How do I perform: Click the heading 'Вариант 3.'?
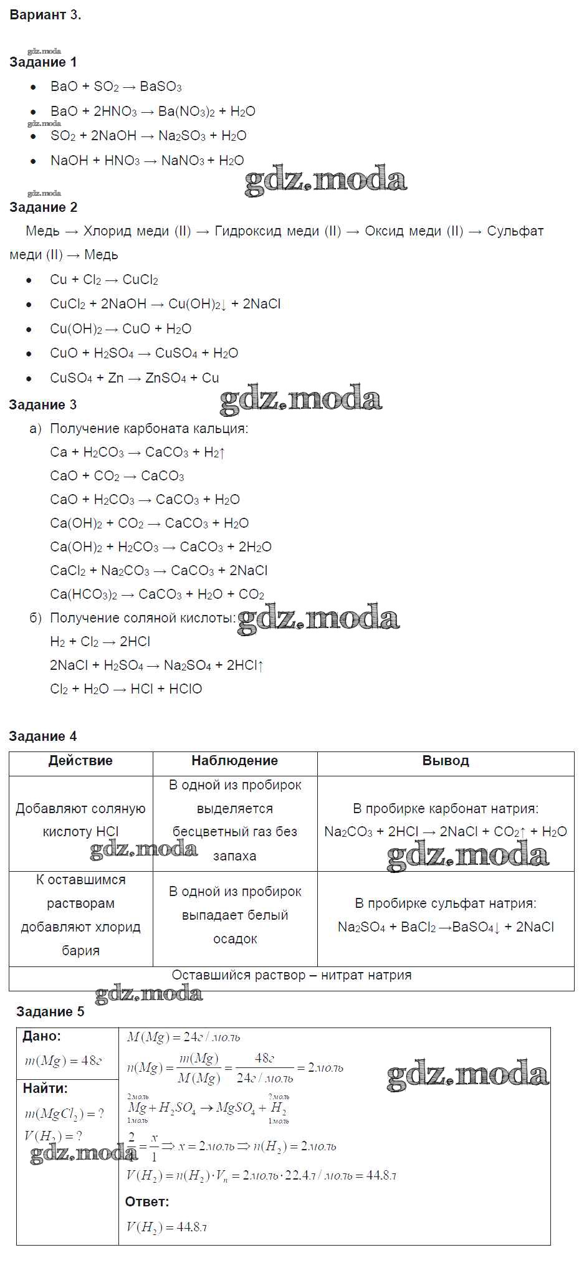(x=45, y=16)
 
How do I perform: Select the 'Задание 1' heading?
(x=43, y=62)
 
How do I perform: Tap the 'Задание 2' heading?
(x=43, y=207)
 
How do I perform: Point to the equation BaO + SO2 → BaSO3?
(x=116, y=87)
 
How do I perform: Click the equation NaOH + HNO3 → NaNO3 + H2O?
(x=147, y=161)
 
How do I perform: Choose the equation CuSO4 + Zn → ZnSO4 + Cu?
(x=134, y=378)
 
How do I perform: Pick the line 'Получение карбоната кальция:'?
(x=148, y=429)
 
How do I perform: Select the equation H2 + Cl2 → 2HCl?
(x=100, y=642)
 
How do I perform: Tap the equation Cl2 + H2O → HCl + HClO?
(x=126, y=689)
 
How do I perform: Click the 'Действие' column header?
(x=80, y=761)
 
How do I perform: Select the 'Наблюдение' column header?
(x=234, y=761)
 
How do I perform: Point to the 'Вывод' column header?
(x=445, y=761)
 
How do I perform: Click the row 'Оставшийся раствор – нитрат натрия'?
(x=291, y=975)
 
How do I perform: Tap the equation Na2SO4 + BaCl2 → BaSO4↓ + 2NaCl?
(x=445, y=927)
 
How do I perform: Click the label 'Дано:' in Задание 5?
(x=42, y=1036)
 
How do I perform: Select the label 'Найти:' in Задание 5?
(x=45, y=1089)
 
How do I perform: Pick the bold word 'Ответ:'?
(x=147, y=1201)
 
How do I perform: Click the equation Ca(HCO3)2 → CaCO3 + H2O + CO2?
(x=157, y=594)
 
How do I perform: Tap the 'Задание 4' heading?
(x=42, y=737)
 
